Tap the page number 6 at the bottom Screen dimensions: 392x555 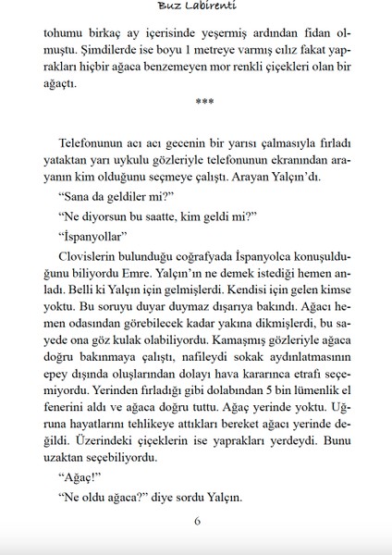197,520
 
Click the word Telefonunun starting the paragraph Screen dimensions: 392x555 92,146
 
